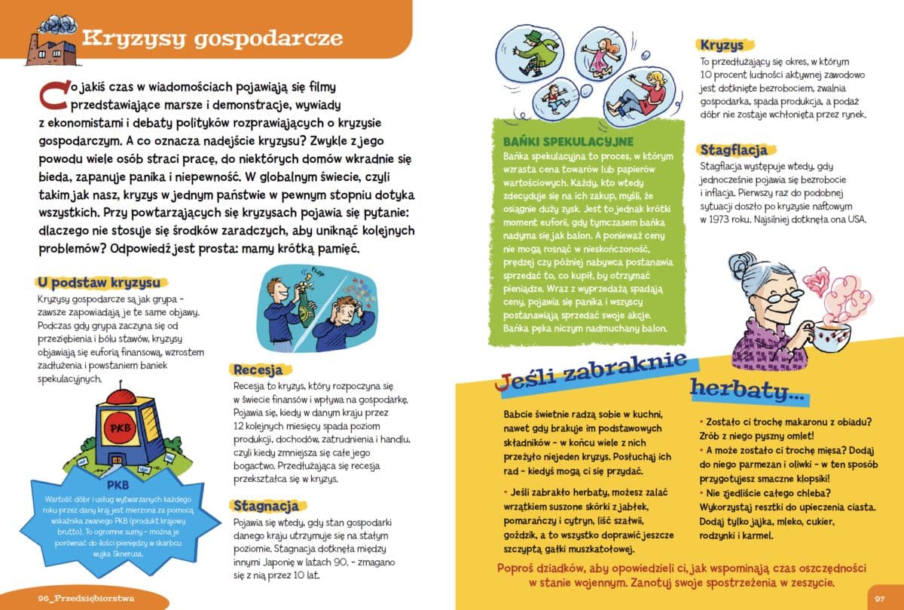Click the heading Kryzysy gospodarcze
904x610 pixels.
click(212, 38)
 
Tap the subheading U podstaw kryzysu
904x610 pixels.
click(99, 282)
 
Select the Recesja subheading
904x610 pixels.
click(258, 369)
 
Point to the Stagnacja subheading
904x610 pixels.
click(266, 505)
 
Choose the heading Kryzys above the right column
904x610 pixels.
click(722, 45)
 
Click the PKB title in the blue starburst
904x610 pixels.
click(120, 483)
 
